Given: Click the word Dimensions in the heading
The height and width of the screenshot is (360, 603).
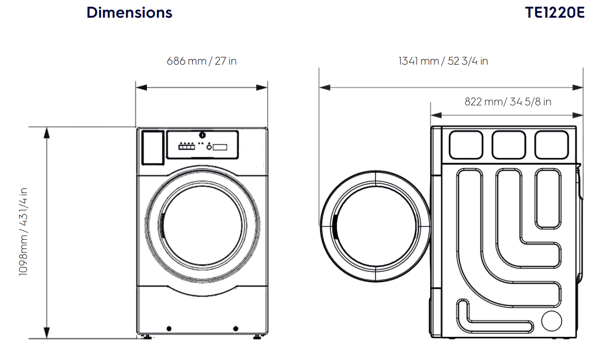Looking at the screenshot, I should [129, 13].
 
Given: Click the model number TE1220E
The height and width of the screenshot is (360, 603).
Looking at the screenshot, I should [555, 13].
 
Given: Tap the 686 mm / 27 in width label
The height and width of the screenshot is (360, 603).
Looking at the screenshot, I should [202, 61].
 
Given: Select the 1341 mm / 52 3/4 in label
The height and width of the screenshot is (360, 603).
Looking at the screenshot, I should [443, 61].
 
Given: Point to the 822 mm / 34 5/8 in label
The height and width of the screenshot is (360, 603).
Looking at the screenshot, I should [507, 102].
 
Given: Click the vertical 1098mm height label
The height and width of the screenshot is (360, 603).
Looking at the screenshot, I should [23, 231].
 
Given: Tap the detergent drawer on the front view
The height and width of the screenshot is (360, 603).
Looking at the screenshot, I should [153, 147].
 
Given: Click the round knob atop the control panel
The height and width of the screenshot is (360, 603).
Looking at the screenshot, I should [202, 135].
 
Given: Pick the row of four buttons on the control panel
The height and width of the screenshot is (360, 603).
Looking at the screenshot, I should [187, 147].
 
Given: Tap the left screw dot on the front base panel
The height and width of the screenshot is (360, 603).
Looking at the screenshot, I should [168, 329].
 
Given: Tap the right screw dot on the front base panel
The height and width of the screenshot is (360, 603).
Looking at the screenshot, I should [236, 329].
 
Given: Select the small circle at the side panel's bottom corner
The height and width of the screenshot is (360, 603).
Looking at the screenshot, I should [551, 321].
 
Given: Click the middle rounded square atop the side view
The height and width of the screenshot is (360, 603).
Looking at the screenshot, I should [509, 145].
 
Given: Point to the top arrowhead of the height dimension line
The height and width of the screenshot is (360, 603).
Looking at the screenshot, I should [47, 131].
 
